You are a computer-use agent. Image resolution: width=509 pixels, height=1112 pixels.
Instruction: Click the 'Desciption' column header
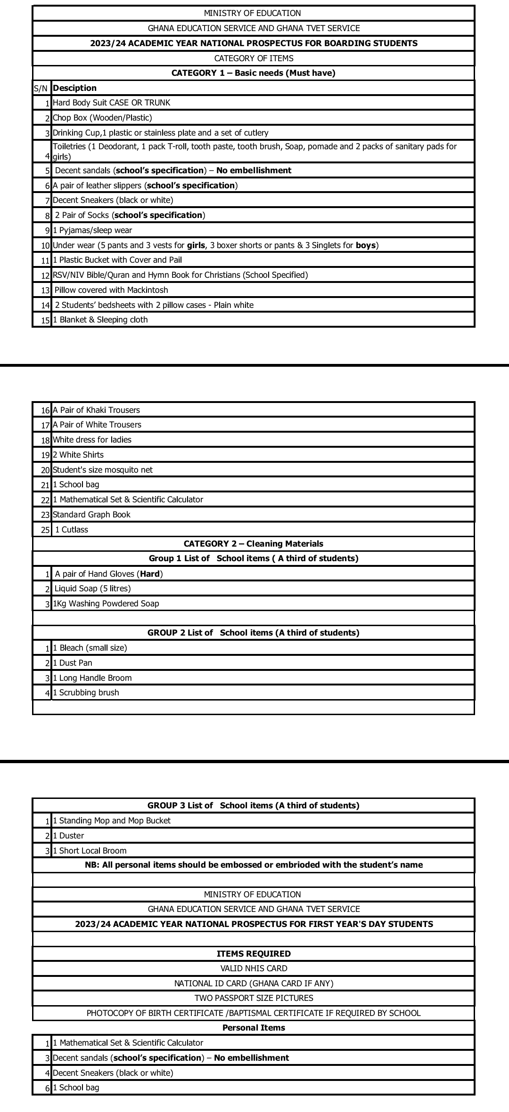tap(74, 88)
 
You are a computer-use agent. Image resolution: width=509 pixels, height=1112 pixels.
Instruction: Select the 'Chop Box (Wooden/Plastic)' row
tap(102, 118)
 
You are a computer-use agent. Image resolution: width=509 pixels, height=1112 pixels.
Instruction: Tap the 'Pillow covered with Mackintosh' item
tap(111, 290)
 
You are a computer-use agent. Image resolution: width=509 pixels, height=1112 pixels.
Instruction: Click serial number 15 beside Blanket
tap(45, 320)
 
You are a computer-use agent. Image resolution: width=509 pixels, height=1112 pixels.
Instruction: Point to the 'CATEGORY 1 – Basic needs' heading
tap(253, 73)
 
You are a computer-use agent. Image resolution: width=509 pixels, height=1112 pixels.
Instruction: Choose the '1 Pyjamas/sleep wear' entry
tap(92, 230)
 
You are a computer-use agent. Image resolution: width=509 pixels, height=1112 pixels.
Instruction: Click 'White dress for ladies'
tap(92, 440)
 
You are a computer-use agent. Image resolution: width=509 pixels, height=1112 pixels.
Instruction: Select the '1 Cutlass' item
tap(72, 530)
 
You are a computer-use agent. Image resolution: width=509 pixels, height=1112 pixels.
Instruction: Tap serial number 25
tap(45, 530)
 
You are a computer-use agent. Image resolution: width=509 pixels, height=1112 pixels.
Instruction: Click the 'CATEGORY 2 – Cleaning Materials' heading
tap(253, 544)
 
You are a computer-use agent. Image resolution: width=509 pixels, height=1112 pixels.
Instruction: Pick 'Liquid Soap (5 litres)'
tap(93, 588)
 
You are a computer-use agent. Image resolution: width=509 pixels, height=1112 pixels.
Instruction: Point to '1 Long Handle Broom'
tap(92, 678)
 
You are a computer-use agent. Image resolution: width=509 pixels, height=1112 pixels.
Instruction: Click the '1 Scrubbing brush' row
tap(86, 693)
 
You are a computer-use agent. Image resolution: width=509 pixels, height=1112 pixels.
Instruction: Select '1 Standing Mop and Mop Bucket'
tap(112, 821)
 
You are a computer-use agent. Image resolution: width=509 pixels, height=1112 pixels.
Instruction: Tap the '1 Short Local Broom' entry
tap(90, 851)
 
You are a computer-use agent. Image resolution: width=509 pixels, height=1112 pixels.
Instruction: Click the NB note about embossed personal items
tap(254, 865)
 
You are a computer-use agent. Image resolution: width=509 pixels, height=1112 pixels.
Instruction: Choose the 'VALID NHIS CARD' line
tap(254, 968)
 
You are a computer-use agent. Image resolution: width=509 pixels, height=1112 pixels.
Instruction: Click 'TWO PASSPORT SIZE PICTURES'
tap(254, 998)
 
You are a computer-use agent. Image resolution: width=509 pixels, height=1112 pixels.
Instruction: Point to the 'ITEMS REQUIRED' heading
tap(254, 954)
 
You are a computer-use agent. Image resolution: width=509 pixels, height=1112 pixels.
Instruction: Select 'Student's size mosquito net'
tap(103, 470)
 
